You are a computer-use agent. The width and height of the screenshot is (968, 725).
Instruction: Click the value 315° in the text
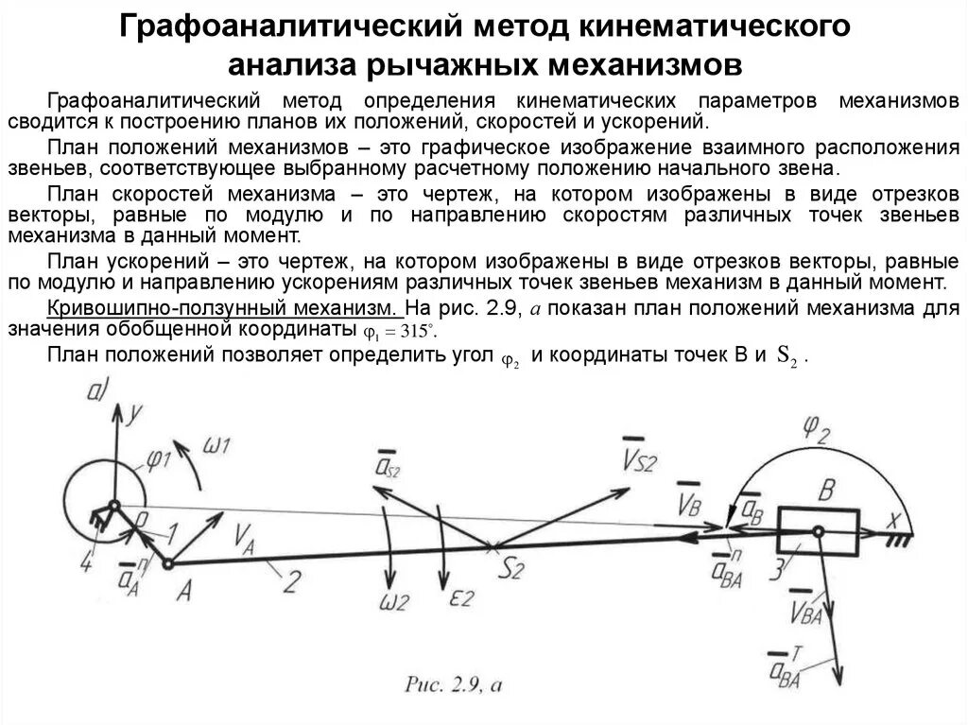413,332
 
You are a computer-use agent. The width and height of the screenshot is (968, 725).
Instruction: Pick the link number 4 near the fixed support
87,565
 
